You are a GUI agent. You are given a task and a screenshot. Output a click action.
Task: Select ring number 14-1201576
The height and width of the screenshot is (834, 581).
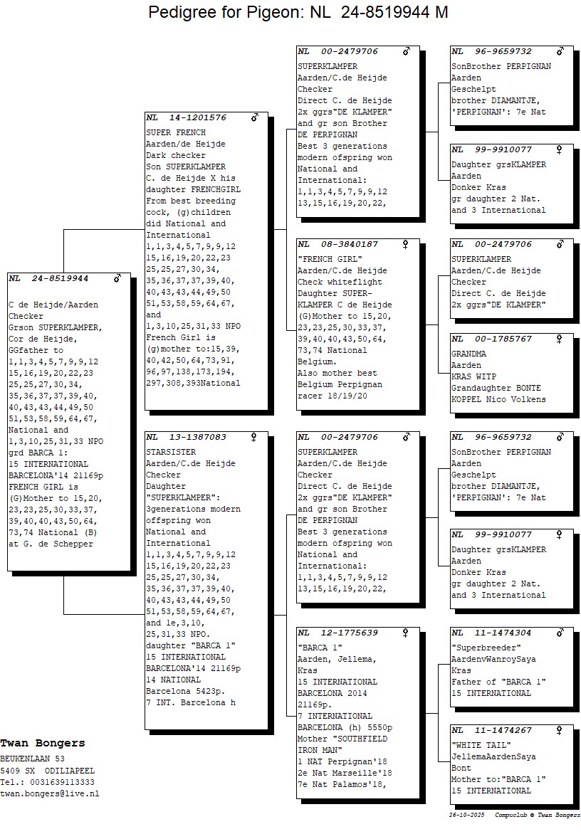tap(198, 117)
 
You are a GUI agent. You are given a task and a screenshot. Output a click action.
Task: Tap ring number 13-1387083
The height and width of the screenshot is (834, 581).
tap(198, 437)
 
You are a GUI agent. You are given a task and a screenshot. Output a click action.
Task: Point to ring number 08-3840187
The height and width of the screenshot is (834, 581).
tap(350, 244)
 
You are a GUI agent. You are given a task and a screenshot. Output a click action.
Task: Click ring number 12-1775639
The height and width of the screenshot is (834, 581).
tap(350, 633)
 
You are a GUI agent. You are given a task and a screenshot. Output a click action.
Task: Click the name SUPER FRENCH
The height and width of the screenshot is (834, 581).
tap(175, 132)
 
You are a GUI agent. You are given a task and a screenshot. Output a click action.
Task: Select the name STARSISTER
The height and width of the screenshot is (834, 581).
tap(170, 452)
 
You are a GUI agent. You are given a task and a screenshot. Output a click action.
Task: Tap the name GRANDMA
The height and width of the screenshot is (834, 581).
tap(469, 354)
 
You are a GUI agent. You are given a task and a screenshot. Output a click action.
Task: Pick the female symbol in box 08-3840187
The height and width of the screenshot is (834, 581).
tap(406, 244)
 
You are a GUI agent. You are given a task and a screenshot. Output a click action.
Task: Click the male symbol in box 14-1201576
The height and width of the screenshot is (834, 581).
tap(254, 117)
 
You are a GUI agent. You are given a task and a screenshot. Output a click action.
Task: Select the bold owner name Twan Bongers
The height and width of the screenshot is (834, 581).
tap(43, 743)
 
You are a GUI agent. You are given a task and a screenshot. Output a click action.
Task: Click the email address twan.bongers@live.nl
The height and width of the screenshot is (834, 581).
tap(50, 793)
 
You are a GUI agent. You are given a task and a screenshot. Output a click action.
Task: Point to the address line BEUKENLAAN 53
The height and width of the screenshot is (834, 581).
tap(33, 759)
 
